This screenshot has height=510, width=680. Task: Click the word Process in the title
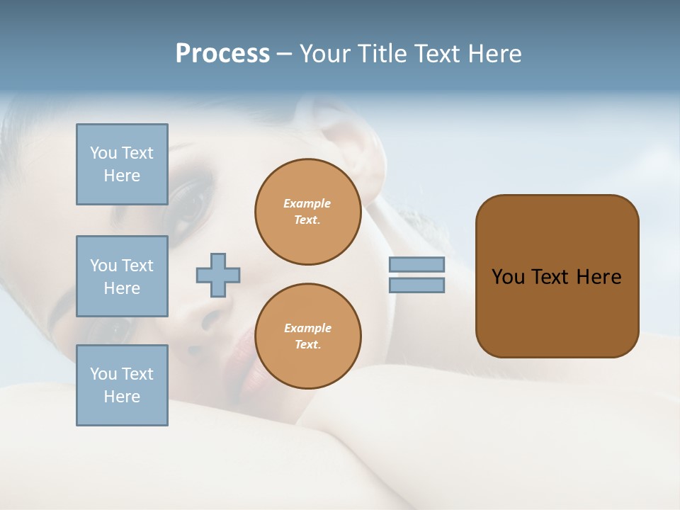coord(222,54)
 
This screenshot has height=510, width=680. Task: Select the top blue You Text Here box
coord(122,164)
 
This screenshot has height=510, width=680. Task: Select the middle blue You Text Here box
coord(122,276)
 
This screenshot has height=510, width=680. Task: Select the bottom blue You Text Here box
coord(122,385)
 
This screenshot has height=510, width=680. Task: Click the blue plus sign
coord(218,275)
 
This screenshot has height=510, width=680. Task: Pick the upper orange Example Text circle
coord(307,212)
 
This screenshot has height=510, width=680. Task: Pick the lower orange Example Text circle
coord(307,336)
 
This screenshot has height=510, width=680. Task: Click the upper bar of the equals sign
coord(416,264)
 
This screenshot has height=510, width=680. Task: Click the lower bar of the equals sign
coord(416,285)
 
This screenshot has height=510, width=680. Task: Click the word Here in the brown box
coord(599,277)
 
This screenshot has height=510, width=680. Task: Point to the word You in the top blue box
coord(103,153)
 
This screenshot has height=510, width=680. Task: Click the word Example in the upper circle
coord(307,204)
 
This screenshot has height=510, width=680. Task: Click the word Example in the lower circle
coord(307,329)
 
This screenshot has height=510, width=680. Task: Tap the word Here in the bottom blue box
coord(122,397)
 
